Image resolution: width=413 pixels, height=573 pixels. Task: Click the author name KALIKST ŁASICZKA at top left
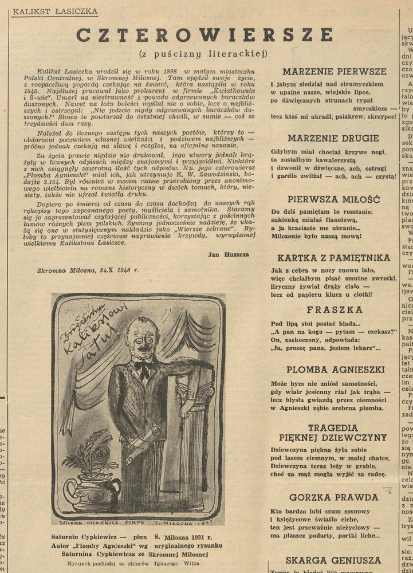(54, 11)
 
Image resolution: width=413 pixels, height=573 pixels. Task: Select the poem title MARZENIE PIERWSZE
(335, 72)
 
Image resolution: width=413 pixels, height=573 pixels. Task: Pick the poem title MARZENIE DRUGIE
(333, 138)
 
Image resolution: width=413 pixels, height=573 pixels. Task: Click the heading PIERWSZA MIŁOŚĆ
(334, 199)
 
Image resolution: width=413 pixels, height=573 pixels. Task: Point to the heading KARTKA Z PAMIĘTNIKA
(334, 258)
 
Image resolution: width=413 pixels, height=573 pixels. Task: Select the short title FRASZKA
(335, 309)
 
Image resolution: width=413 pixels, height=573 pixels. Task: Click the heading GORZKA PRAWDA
(333, 497)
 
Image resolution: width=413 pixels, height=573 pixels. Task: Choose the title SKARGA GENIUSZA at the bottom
(333, 560)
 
